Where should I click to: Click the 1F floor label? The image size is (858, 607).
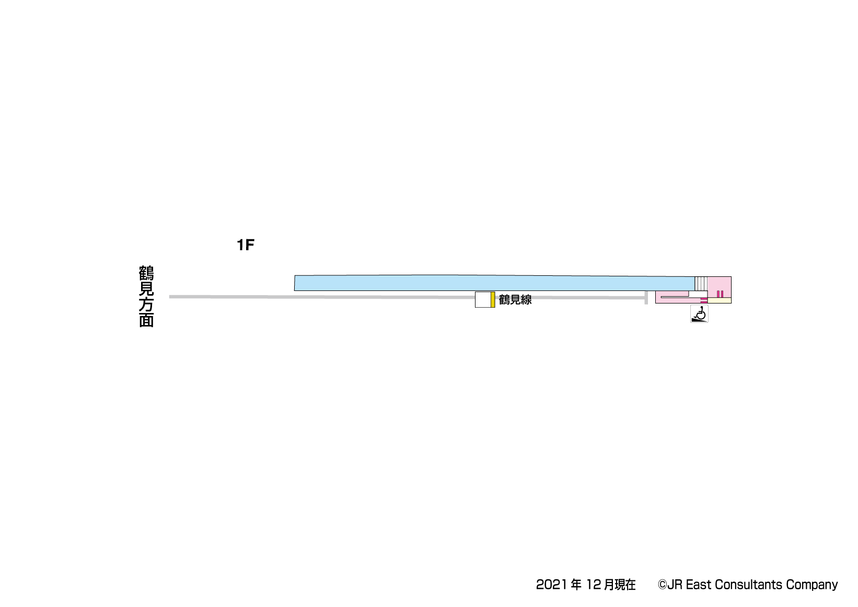coord(246,245)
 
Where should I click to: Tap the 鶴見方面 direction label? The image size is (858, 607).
coord(146,296)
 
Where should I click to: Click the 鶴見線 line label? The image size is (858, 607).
coord(515,299)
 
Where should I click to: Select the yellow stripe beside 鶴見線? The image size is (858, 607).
coord(493,299)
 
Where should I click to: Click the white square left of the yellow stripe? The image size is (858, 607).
coord(483,299)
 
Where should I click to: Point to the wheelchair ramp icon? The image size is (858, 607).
coord(699,314)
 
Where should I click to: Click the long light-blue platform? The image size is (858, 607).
coord(494,283)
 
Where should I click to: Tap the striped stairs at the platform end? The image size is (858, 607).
coord(701,284)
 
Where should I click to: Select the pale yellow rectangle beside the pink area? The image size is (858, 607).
coord(720,301)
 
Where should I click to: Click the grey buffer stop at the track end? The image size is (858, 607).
coord(646,298)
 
